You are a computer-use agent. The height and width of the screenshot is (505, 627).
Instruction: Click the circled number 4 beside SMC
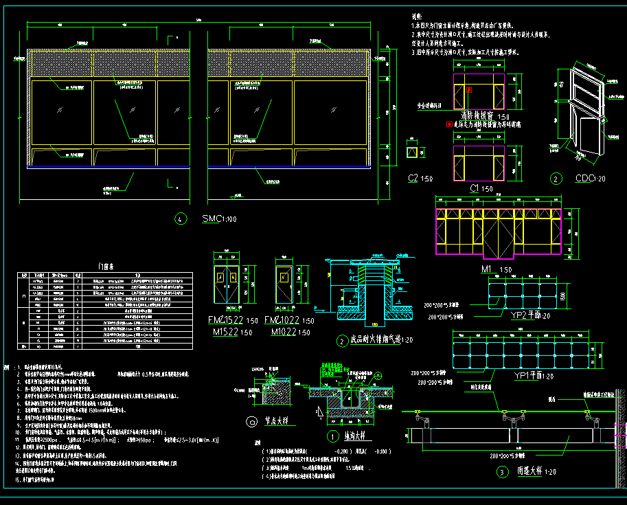pyautogui.click(x=181, y=220)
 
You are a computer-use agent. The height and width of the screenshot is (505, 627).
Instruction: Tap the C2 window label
pyautogui.click(x=413, y=179)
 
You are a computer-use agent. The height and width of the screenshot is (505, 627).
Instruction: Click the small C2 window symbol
pyautogui.click(x=412, y=153)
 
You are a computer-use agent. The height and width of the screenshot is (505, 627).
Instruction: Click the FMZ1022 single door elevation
pyautogui.click(x=286, y=283)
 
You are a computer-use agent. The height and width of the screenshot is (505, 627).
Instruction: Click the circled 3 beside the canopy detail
pyautogui.click(x=502, y=472)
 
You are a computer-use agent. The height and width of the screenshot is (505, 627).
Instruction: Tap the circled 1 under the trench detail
pyautogui.click(x=332, y=436)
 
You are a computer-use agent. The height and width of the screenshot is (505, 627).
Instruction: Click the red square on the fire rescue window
pyautogui.click(x=470, y=90)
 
